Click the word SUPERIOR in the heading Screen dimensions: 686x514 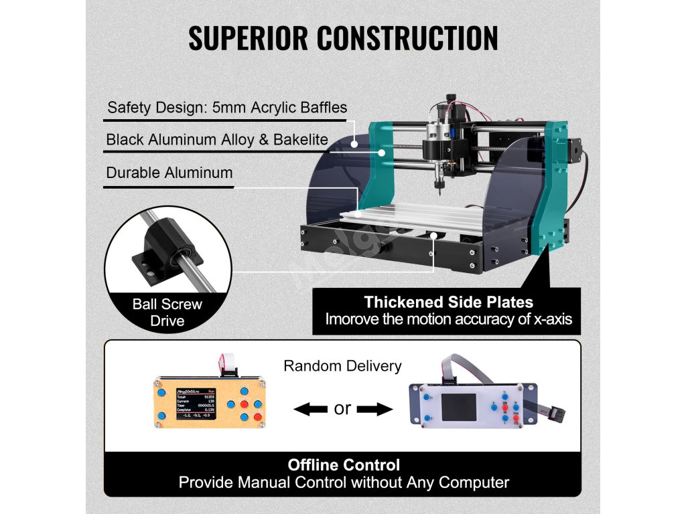click(x=247, y=38)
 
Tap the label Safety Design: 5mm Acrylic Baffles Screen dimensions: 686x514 click(x=227, y=107)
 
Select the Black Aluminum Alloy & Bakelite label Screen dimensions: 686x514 click(x=217, y=140)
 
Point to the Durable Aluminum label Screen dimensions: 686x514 click(x=169, y=173)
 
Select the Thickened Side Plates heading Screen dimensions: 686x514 click(x=448, y=302)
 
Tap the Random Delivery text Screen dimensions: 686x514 click(x=342, y=366)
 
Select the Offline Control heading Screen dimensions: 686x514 click(x=344, y=465)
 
